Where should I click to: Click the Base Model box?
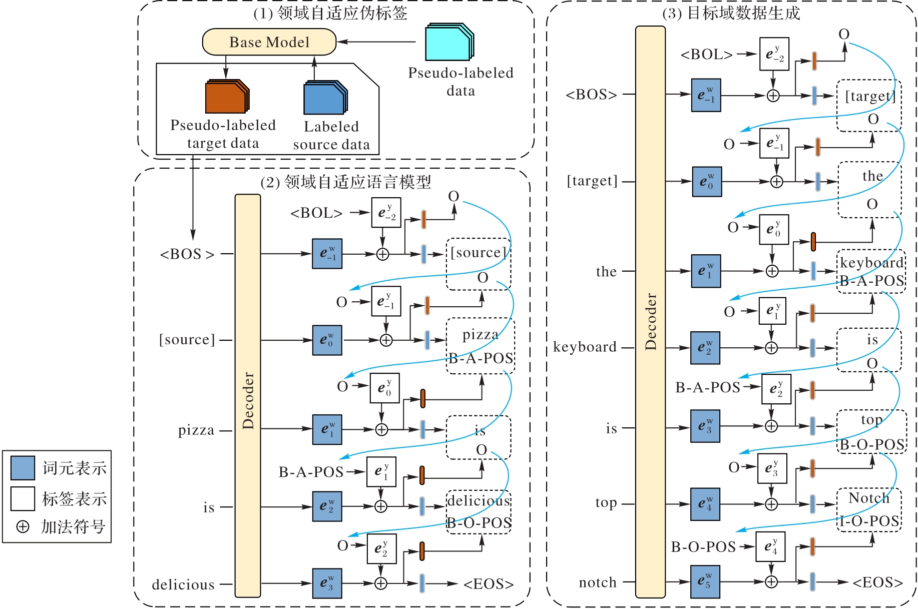(269, 42)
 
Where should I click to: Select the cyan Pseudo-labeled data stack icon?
(449, 42)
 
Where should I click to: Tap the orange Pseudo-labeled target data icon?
(227, 96)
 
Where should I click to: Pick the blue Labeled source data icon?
(325, 98)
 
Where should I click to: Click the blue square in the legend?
(23, 468)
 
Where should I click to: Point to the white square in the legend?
(23, 498)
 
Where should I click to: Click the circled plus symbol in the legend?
(23, 526)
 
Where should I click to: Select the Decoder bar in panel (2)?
(248, 396)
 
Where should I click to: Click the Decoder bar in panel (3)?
(650, 312)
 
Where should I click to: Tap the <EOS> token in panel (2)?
(489, 584)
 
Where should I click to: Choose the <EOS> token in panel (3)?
(878, 582)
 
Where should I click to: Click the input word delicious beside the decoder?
(183, 584)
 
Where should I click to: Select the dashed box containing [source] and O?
(479, 264)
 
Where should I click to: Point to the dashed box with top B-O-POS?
(872, 431)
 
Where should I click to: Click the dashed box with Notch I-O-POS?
(869, 509)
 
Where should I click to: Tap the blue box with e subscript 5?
(705, 581)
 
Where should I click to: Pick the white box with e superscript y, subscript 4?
(770, 546)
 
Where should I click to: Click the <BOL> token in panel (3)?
(706, 54)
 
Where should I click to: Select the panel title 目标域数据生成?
(744, 13)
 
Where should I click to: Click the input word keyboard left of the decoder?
(585, 347)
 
